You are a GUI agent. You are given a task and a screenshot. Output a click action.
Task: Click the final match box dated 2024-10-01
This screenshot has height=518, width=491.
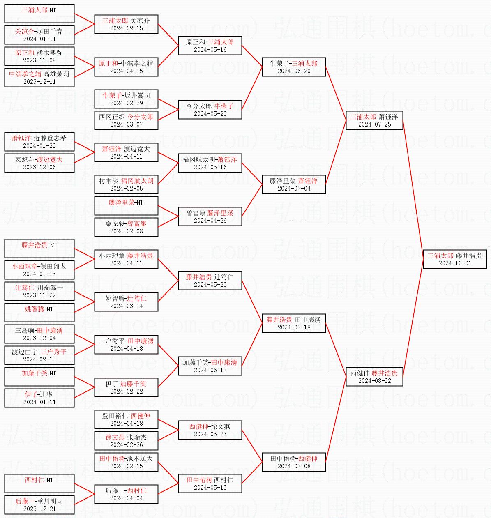[x=455, y=259]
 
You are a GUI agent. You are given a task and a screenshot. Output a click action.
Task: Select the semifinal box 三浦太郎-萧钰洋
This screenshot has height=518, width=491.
[x=374, y=120]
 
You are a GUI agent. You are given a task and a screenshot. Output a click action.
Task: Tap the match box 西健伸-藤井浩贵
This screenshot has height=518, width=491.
[x=374, y=377]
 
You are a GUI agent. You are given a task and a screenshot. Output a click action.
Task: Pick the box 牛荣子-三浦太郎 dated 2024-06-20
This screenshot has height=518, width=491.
[x=294, y=67]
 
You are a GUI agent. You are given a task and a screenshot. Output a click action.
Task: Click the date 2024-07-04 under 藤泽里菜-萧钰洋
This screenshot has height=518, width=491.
[x=294, y=189]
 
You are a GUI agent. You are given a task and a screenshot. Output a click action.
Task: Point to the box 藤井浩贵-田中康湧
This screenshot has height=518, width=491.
[x=294, y=323]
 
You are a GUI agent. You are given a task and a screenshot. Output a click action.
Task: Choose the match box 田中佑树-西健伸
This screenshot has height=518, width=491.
[x=294, y=462]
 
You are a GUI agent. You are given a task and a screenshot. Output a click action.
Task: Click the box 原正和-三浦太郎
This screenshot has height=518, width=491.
[x=210, y=46]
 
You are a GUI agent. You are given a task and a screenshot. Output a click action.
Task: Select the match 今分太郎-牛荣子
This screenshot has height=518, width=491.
[x=210, y=110]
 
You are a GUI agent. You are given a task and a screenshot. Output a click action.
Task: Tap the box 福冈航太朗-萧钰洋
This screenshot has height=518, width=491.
[x=210, y=163]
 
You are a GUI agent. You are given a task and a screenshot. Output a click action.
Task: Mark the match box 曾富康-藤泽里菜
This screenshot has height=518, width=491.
[x=210, y=216]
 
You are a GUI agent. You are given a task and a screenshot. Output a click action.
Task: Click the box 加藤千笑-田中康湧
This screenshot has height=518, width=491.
[x=210, y=366]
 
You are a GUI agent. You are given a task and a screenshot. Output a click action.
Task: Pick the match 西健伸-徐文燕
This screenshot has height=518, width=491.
[x=210, y=430]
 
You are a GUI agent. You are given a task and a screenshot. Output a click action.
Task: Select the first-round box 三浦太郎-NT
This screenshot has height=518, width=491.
[x=39, y=14]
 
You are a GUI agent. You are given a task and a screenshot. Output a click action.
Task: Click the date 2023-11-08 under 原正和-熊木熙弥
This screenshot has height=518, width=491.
[x=39, y=60]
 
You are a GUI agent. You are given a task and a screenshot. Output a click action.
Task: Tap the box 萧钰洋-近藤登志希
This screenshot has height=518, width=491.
[x=39, y=142]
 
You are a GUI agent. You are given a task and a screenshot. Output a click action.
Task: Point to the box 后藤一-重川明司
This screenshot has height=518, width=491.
[x=39, y=505]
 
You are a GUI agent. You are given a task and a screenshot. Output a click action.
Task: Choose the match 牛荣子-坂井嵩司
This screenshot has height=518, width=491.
[x=126, y=99]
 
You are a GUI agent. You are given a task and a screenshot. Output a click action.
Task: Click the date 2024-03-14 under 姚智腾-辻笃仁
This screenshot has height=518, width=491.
[x=126, y=306]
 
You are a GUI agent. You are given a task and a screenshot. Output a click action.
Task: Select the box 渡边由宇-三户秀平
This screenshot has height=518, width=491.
[x=39, y=355]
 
